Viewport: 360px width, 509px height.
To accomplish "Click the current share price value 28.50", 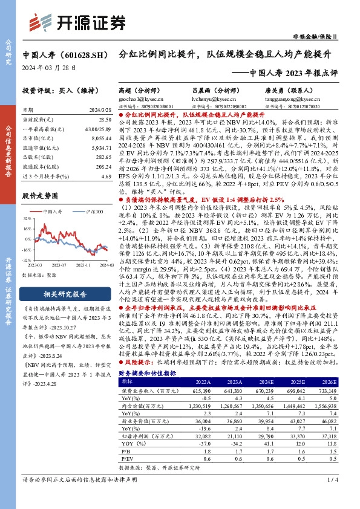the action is (106, 121).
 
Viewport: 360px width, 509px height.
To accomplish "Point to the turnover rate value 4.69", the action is (106, 176).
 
